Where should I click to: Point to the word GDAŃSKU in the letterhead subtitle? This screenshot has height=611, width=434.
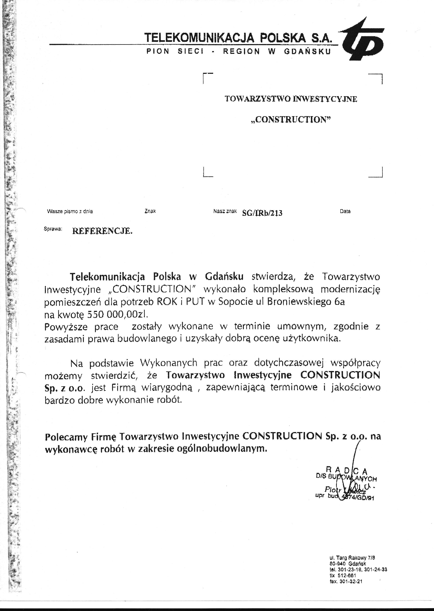tap(307, 52)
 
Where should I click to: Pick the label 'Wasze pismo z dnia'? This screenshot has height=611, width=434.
tap(70, 211)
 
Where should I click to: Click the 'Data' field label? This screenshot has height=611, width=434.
tap(345, 211)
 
